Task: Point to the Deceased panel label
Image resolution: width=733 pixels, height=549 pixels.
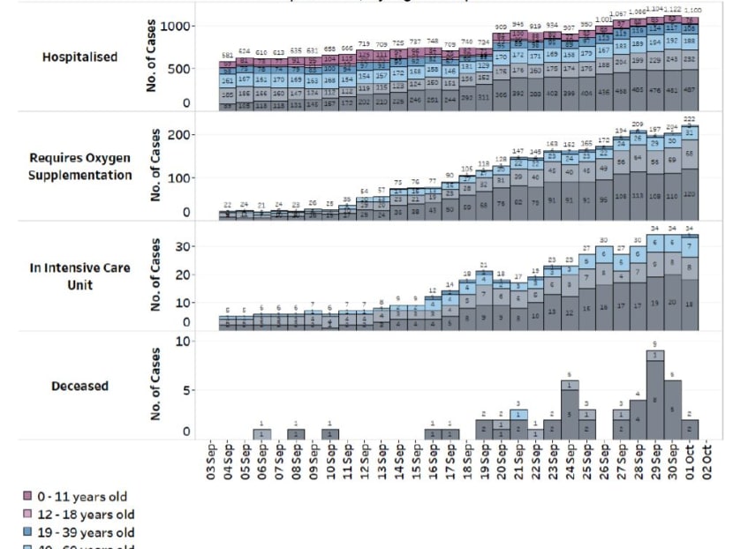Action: pyautogui.click(x=80, y=386)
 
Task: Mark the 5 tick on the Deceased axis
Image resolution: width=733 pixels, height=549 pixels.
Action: pyautogui.click(x=186, y=389)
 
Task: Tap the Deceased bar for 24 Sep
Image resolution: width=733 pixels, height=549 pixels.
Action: pyautogui.click(x=571, y=410)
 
